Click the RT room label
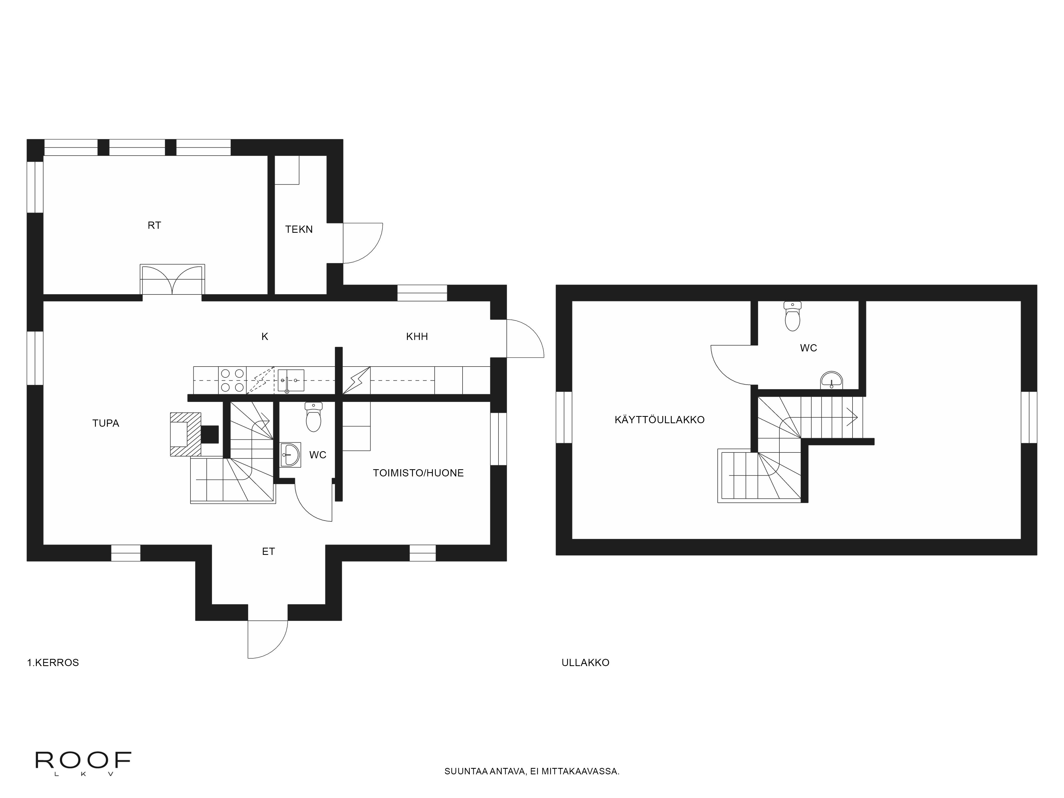154,225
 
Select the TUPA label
106,423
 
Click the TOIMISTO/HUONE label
418,473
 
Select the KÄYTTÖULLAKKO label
659,419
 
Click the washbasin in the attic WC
832,380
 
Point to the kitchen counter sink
290,380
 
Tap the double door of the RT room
172,280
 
